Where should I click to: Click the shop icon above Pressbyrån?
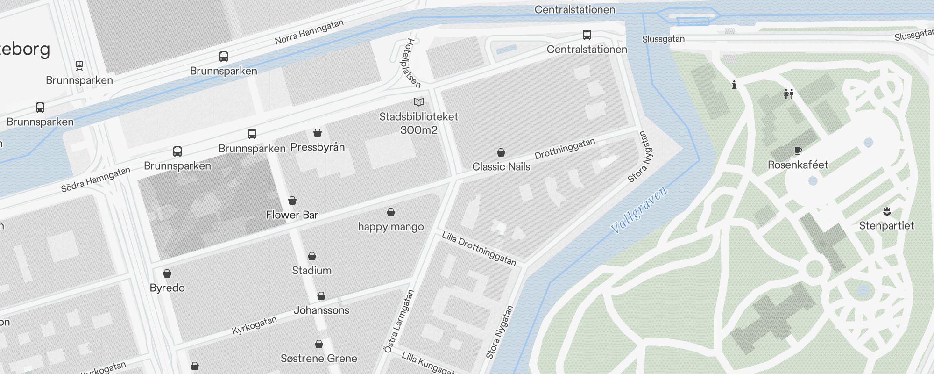coord(318,133)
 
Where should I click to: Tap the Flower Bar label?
coord(292,215)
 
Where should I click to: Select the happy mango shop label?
coord(391,227)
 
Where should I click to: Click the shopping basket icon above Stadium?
coord(312,256)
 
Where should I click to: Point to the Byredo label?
coord(167,288)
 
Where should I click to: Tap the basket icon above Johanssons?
coord(321,296)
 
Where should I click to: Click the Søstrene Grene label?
coord(318,359)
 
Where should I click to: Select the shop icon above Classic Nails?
coord(501,152)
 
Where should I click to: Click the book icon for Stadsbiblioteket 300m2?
coord(419,102)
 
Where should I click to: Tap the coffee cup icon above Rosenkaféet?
coord(798,151)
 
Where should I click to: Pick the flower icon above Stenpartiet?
coord(887,211)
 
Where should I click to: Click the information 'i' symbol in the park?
coord(734,85)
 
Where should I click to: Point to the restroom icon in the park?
coord(789,94)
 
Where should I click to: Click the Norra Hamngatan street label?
coord(309,32)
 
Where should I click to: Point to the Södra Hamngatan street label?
coord(96,180)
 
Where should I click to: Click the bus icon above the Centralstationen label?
coord(587,35)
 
